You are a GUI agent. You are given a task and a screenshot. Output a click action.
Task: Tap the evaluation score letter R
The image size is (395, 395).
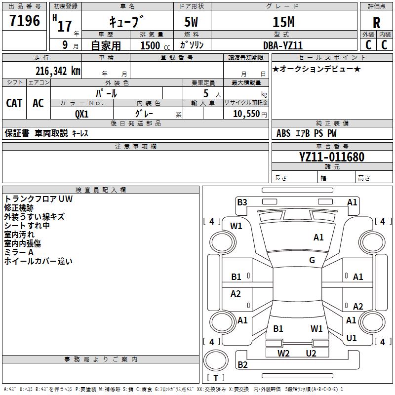377,22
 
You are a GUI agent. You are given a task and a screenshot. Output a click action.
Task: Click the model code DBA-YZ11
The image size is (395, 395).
283,45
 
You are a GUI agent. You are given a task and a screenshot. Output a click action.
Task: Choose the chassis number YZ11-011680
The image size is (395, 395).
332,158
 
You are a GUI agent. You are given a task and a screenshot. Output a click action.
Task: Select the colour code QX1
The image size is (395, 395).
82,114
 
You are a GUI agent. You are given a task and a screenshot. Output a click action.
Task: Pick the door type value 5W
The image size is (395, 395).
192,22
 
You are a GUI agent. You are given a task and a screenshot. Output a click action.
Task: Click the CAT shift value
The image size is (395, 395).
14,103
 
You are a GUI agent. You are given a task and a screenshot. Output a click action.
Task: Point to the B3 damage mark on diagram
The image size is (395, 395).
242,202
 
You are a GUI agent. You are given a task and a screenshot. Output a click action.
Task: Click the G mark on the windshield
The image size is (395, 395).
312,260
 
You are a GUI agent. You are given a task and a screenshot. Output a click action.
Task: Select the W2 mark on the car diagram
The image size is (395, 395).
283,353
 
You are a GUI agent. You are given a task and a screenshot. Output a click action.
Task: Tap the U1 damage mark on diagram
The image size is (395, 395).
352,338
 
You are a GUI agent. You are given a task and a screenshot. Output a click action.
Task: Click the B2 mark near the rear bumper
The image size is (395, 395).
242,365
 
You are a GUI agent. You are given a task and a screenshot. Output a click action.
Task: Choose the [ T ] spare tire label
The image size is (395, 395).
216,378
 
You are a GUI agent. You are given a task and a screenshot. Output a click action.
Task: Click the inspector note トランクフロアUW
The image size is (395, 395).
38,199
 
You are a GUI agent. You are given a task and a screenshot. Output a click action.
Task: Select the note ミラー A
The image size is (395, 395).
19,252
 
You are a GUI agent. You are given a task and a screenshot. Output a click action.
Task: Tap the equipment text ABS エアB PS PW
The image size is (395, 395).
307,133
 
